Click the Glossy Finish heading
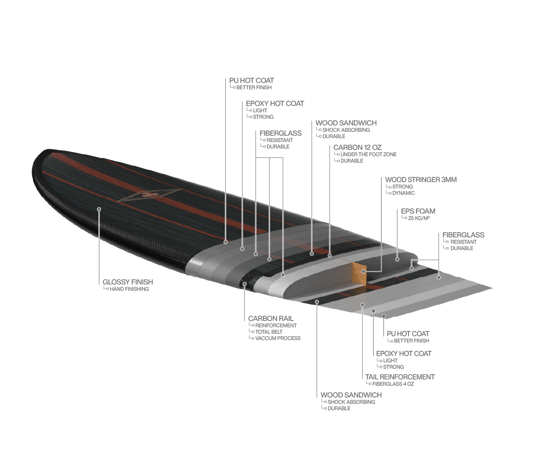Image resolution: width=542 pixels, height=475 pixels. click(x=128, y=282)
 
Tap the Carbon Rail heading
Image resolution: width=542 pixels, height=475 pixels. click(x=271, y=318)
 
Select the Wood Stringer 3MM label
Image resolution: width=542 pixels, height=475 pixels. click(x=421, y=180)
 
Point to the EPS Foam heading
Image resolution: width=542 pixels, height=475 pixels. click(x=418, y=211)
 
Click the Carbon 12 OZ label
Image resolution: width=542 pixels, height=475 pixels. click(x=357, y=147)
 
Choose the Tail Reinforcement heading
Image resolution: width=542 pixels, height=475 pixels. click(x=400, y=377)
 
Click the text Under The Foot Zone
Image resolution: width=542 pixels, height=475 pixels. click(x=368, y=154)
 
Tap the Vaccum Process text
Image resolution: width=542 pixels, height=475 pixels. click(x=278, y=338)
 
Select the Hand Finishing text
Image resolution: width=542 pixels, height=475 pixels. click(x=129, y=289)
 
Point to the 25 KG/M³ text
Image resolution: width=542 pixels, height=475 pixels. click(x=418, y=218)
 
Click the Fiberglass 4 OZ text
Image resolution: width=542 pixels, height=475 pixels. click(x=393, y=384)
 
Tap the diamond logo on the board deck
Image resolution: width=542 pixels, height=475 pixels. click(x=148, y=195)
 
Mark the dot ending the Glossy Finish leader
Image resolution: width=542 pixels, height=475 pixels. click(x=99, y=209)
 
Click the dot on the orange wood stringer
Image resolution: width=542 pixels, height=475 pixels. click(x=363, y=271)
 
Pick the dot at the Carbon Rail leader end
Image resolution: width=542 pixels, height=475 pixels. click(x=245, y=284)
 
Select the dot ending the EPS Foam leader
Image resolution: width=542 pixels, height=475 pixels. click(x=397, y=260)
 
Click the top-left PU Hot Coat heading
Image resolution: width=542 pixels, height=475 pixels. click(x=251, y=80)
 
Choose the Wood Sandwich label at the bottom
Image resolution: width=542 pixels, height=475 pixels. click(x=351, y=395)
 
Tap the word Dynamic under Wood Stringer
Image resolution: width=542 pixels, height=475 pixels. click(x=403, y=193)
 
